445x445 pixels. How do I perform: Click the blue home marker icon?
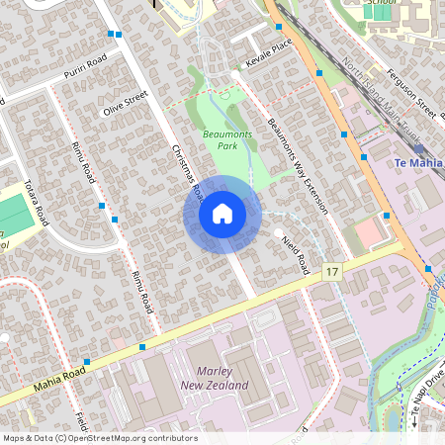(222, 214)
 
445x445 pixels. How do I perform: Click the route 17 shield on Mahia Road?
(331, 271)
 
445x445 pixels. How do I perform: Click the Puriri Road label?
(84, 67)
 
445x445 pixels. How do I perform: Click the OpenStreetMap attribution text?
(99, 438)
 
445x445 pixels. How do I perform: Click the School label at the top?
(379, 3)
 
